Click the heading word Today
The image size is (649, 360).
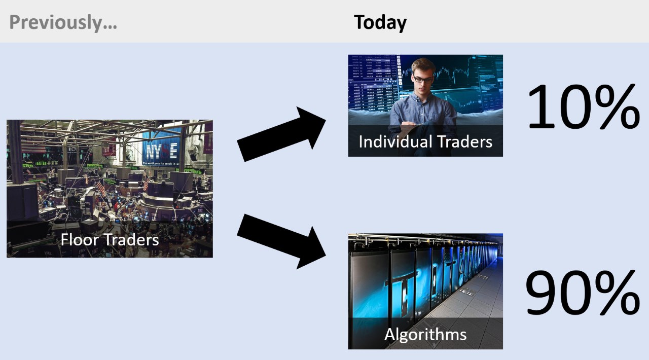pyautogui.click(x=380, y=23)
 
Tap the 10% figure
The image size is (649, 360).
pyautogui.click(x=584, y=106)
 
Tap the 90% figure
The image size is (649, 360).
pyautogui.click(x=583, y=293)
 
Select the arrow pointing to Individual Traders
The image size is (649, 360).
pyautogui.click(x=281, y=134)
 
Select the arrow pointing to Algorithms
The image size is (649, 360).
pyautogui.click(x=281, y=241)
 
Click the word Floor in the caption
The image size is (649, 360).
pyautogui.click(x=80, y=240)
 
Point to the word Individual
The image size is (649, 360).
pyautogui.click(x=395, y=142)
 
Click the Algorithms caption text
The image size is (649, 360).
pyautogui.click(x=425, y=335)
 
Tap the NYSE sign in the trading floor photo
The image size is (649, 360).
pyautogui.click(x=162, y=151)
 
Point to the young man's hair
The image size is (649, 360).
pyautogui.click(x=423, y=65)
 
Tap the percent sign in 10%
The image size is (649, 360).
pyautogui.click(x=615, y=106)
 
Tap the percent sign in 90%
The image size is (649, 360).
pyautogui.click(x=615, y=293)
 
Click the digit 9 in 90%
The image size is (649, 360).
pyautogui.click(x=539, y=293)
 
